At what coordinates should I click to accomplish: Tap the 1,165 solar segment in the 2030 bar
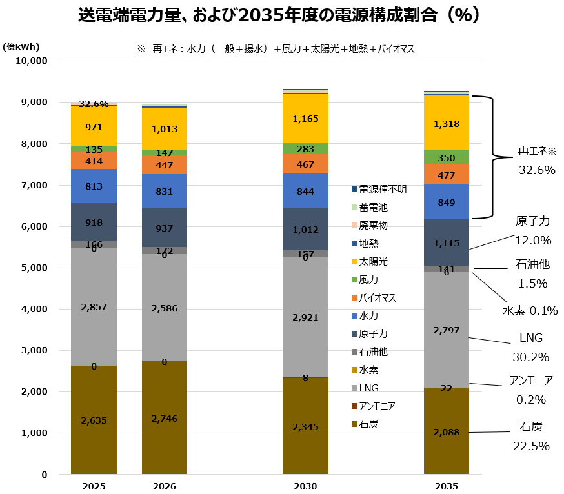(x=305, y=119)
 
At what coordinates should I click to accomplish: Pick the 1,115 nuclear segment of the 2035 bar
(x=447, y=242)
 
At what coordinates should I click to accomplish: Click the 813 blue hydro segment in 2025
(x=94, y=186)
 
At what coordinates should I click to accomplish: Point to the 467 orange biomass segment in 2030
(x=305, y=164)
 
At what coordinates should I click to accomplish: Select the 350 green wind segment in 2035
(x=447, y=157)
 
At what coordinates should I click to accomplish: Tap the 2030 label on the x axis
(x=305, y=486)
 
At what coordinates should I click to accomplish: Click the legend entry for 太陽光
(x=372, y=262)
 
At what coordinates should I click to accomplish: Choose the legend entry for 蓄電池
(x=372, y=208)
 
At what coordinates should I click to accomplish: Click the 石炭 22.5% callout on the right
(x=530, y=436)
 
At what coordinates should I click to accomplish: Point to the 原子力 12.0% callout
(x=533, y=230)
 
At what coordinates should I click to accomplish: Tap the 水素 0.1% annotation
(x=530, y=310)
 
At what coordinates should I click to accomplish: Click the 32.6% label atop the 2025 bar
(x=94, y=104)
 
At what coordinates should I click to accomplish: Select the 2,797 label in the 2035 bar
(x=447, y=330)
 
